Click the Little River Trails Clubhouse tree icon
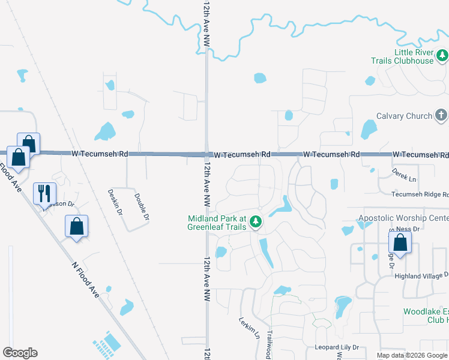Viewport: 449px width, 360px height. coord(442,56)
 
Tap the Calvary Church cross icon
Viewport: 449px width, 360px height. coord(441,116)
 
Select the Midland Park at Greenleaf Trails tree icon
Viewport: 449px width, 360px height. coord(256,223)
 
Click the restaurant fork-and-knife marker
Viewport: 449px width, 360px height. coord(44,193)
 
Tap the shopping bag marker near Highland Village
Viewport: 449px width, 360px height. coord(400,243)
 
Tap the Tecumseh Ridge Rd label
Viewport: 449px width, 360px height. coord(420,194)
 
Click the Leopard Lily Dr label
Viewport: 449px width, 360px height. coord(336,347)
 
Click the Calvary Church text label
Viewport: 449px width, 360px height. coord(404,116)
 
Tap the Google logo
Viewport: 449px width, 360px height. coord(20,353)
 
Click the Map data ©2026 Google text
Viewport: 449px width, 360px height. coord(412,355)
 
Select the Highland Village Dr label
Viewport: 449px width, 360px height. coord(421,275)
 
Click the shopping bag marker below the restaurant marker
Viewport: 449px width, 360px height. coord(76,227)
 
